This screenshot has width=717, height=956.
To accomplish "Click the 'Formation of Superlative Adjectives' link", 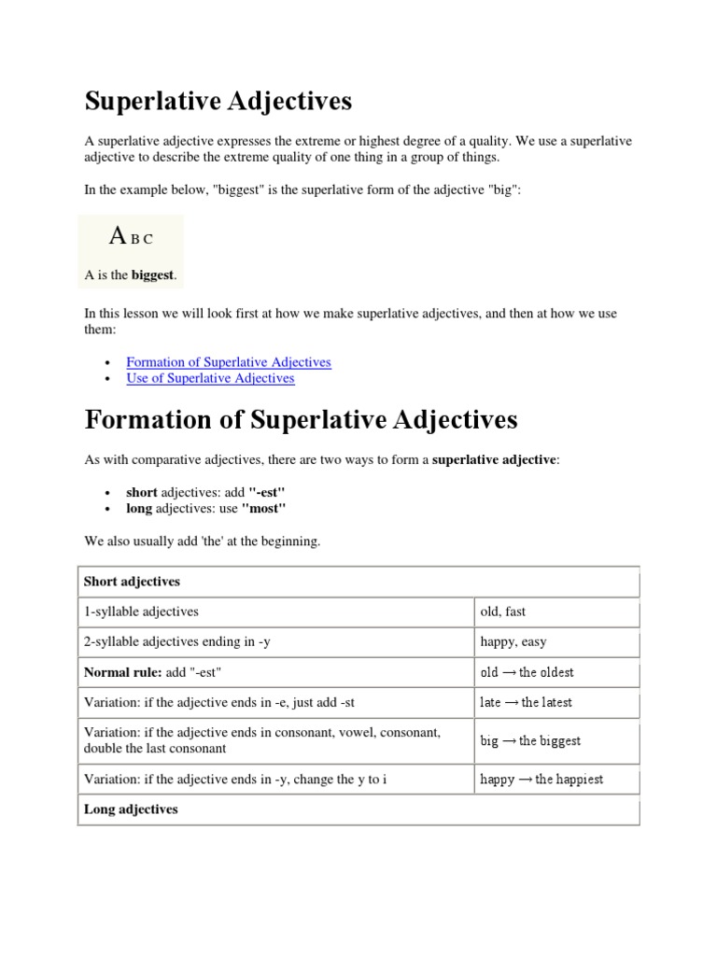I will click(228, 362).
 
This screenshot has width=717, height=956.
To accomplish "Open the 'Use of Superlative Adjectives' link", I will click(210, 378).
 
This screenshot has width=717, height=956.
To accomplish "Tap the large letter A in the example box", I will click(118, 236).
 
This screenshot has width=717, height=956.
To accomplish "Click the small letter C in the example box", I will click(148, 239).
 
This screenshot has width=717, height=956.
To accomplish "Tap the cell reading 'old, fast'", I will click(502, 612).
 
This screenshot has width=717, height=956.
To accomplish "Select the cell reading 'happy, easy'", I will click(513, 642).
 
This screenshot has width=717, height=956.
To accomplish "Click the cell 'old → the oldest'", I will click(527, 672).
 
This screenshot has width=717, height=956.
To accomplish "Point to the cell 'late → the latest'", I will click(526, 702).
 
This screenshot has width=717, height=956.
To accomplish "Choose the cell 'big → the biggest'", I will click(530, 741).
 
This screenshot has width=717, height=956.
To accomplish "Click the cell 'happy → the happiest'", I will click(541, 780).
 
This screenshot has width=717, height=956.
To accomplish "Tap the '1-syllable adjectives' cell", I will click(141, 612).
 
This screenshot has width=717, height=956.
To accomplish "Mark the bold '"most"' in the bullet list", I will click(263, 509).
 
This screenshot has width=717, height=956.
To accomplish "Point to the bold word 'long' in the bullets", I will click(139, 509).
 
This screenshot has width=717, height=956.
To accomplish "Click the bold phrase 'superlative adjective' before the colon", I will click(494, 460).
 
